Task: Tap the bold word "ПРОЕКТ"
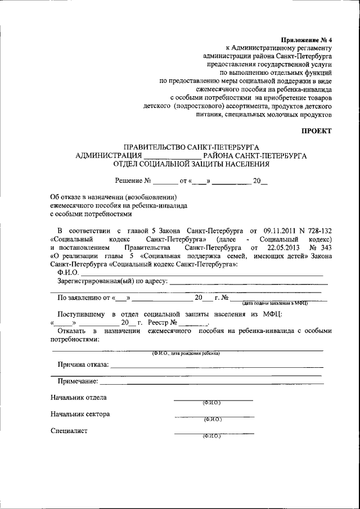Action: click(316, 130)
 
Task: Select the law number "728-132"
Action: click(318, 231)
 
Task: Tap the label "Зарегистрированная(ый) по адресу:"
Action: click(112, 281)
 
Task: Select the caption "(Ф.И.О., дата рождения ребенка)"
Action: click(186, 353)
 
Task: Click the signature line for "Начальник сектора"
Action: click(214, 416)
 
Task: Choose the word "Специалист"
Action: click(69, 431)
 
